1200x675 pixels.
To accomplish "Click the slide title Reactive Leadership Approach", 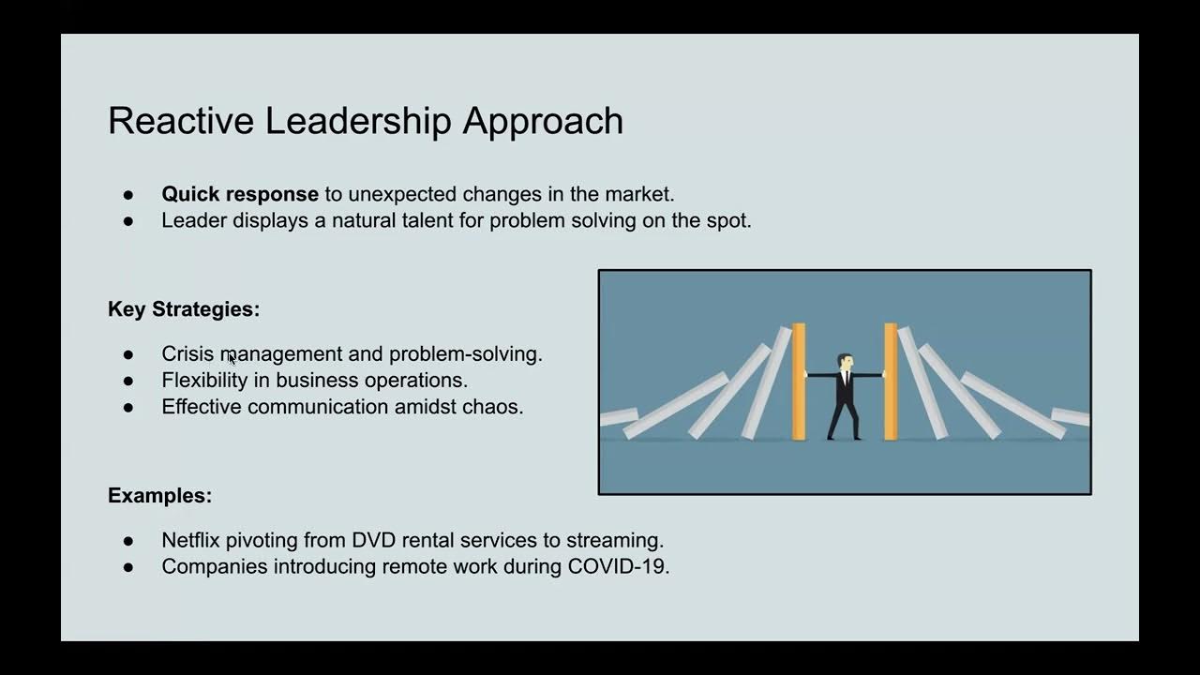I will (x=366, y=121).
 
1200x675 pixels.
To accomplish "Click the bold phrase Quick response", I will (x=240, y=194).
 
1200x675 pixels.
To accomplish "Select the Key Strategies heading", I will (x=184, y=309).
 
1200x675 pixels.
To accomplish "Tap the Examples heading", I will (x=159, y=495).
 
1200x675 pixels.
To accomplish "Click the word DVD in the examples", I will (x=374, y=541).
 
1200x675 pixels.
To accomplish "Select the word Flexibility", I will (x=204, y=381).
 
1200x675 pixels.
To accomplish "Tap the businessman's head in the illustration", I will (x=845, y=361).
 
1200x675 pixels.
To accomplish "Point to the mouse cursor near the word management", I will (x=232, y=357).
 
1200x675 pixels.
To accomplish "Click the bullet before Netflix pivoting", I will (x=128, y=541).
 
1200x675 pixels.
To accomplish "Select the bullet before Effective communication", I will (x=128, y=407).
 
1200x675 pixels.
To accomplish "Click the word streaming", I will (x=622, y=541).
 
